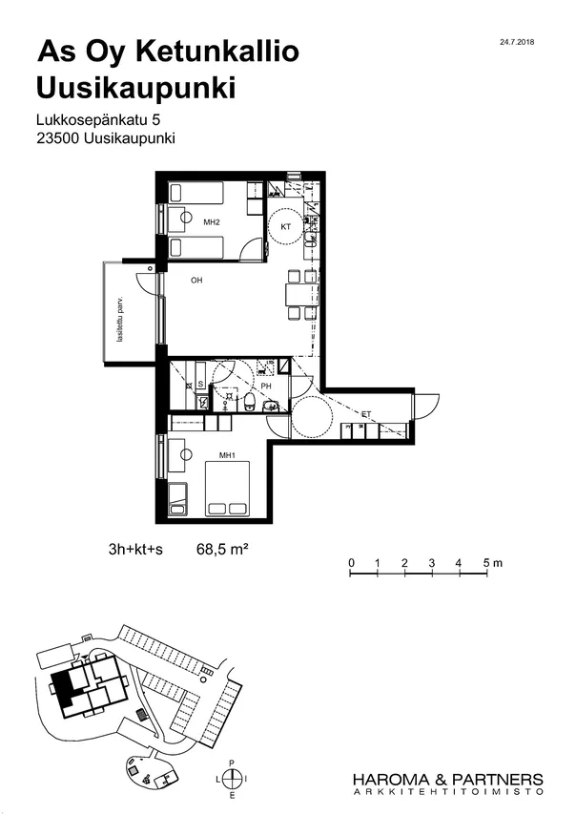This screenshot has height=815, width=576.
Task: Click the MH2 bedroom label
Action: (212, 222)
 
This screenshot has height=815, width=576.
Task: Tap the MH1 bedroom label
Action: (227, 456)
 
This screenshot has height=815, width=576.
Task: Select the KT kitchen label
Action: (285, 226)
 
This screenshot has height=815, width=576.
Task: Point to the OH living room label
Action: (196, 281)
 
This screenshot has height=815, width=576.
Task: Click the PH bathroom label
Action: (266, 387)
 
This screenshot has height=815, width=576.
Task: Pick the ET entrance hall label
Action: (366, 414)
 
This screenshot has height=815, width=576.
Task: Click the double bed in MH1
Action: (227, 489)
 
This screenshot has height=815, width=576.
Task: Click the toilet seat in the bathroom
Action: (250, 401)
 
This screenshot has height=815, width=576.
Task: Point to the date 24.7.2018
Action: (517, 42)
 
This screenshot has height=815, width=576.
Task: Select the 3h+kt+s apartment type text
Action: (135, 550)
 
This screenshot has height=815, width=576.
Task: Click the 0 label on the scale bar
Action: (352, 563)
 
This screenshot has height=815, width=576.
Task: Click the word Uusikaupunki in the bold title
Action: (136, 88)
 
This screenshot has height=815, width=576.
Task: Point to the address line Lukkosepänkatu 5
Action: (98, 120)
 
